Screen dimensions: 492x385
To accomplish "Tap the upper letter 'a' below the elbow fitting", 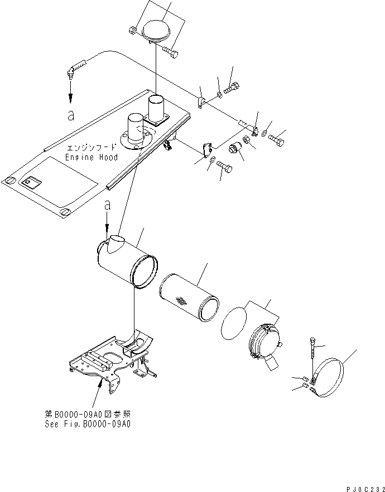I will pos(70,115).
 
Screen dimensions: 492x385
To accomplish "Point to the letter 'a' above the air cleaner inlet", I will pos(108,205).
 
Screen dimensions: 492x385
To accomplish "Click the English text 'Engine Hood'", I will pos(92,158).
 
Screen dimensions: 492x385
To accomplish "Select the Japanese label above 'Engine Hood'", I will pos(92,148).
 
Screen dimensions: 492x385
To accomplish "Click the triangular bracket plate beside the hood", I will pos(208,150).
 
